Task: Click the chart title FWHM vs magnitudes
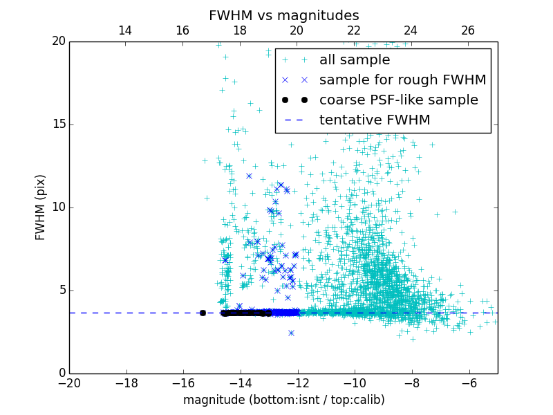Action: point(283,15)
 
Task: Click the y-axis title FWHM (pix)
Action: point(41,207)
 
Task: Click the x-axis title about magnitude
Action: point(283,400)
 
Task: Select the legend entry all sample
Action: point(355,60)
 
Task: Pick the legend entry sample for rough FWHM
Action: point(402,80)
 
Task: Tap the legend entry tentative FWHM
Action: point(375,120)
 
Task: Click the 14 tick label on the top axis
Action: point(125,30)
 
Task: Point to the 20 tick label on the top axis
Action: point(297,30)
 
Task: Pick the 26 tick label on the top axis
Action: point(468,30)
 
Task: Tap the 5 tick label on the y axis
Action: point(61,290)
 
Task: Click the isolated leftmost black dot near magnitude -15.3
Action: point(203,313)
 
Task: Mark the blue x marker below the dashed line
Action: point(291,333)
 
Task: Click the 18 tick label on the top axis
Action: point(240,30)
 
